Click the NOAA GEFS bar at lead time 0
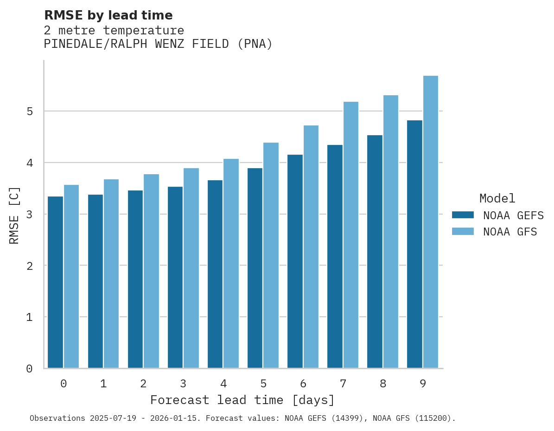coord(55,282)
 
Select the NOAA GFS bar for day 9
coord(431,222)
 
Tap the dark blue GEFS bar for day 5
coord(255,268)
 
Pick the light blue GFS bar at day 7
coord(351,235)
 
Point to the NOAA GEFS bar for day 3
coord(175,277)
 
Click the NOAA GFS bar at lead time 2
coord(151,271)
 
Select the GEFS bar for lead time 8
coord(375,252)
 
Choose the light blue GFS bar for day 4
coord(231,263)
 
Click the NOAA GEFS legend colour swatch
coord(463,215)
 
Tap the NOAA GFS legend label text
coord(510,232)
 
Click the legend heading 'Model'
coord(497,198)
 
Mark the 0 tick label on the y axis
coord(29,369)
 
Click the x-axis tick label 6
coord(303,384)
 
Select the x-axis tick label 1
coord(103,384)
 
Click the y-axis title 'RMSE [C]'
coord(14,215)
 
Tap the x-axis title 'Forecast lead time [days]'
coord(242,400)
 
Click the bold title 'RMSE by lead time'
coord(108,15)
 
